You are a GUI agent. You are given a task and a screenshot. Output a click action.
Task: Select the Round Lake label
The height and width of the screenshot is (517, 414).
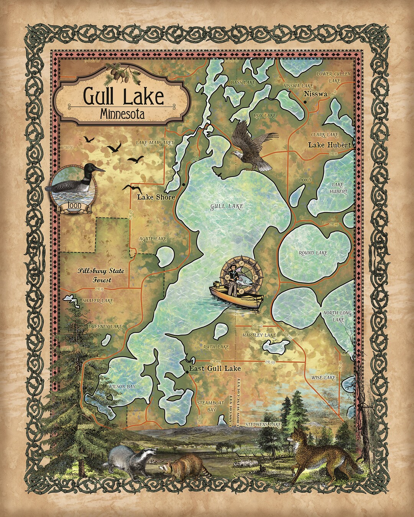pyautogui.click(x=313, y=253)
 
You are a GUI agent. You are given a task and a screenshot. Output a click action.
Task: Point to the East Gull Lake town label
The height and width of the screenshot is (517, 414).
pyautogui.click(x=214, y=368)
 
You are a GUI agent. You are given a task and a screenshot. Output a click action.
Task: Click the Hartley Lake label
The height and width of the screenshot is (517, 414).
pyautogui.click(x=259, y=335)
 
